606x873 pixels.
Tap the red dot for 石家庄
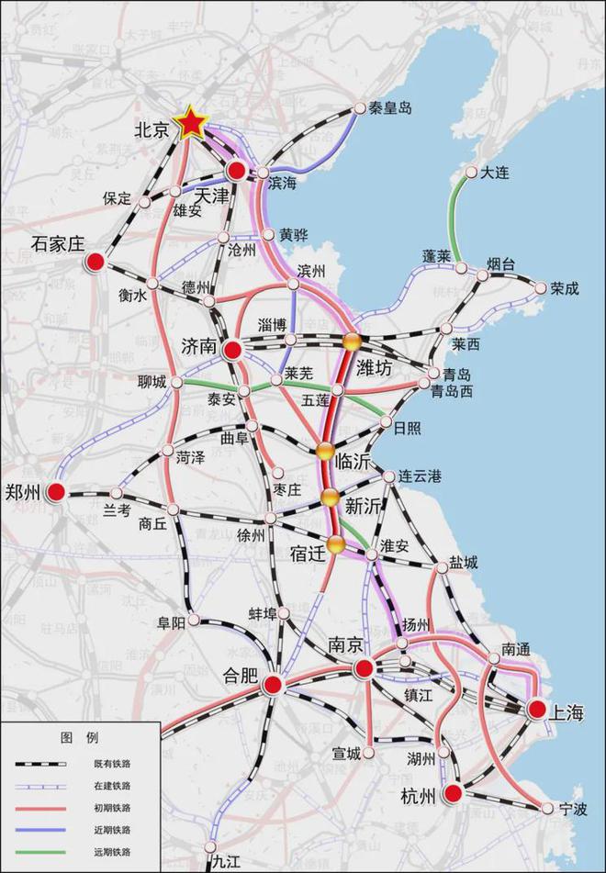[95, 263]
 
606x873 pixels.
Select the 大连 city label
[494, 171]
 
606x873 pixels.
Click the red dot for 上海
[535, 708]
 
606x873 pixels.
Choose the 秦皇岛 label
[390, 108]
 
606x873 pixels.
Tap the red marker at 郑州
[57, 493]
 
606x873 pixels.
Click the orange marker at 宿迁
[336, 545]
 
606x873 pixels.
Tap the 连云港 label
[419, 476]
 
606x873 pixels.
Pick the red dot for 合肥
[273, 684]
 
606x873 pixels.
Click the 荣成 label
[566, 287]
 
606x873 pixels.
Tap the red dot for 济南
[233, 349]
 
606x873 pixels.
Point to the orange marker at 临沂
[324, 450]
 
